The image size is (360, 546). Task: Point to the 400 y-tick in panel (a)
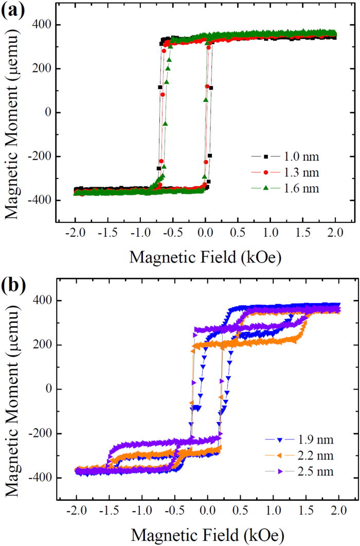[x=42, y=24]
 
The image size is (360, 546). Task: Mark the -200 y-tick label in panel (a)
[x=40, y=156]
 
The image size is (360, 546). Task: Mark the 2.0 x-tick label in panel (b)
[x=336, y=512]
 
